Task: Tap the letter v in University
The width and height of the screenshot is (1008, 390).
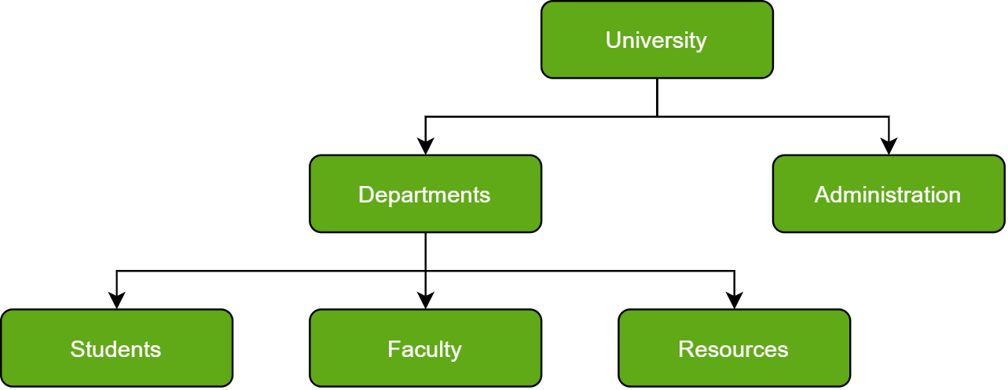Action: (640, 40)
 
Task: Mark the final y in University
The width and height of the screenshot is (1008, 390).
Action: (702, 42)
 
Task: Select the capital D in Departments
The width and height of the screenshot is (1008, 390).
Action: (365, 194)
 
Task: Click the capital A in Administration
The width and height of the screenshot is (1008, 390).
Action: (822, 194)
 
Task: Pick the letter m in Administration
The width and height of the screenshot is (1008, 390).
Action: (850, 195)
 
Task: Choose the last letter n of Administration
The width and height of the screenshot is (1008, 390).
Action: (954, 195)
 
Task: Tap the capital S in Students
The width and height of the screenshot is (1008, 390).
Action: (77, 349)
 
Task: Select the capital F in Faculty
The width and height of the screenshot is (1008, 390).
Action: (393, 349)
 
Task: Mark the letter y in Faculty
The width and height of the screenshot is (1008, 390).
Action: (456, 352)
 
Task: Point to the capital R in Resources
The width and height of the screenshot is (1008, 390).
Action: (685, 349)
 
